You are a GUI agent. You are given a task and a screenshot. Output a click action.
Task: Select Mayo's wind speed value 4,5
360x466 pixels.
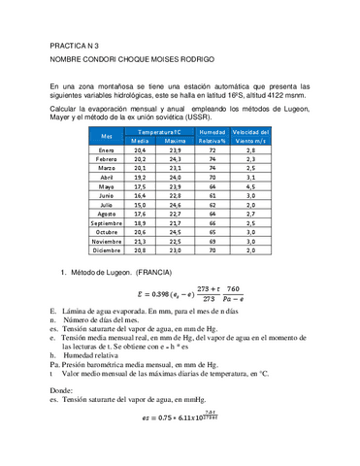point(249,186)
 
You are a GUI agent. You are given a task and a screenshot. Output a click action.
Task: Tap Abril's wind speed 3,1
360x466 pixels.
point(249,178)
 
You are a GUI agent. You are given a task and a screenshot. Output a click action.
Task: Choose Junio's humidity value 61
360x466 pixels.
point(212,196)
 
